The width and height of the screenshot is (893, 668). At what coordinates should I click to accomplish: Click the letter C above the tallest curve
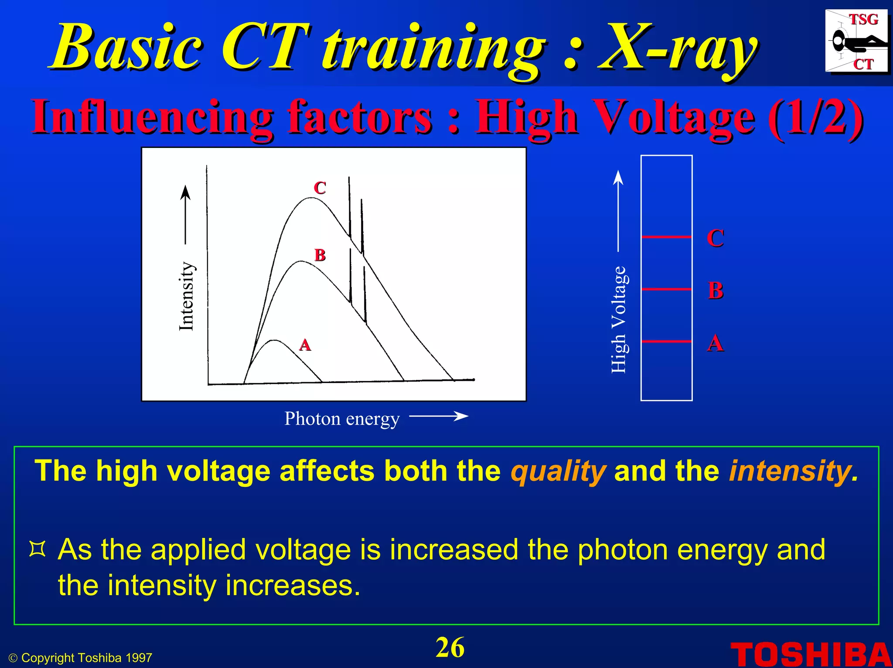click(320, 188)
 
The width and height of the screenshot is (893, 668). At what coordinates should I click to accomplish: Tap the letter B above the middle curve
click(320, 255)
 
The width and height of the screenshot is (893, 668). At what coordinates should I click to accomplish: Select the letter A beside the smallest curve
click(305, 345)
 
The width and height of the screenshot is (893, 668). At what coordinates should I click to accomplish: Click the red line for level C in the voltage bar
click(666, 237)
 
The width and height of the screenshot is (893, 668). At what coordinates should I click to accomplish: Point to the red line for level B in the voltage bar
click(666, 289)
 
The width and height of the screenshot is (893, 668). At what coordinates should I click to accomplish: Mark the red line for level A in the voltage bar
click(666, 341)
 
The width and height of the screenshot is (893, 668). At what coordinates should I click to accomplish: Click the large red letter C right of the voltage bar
click(716, 238)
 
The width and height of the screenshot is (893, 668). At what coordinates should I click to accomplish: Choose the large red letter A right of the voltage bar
click(716, 343)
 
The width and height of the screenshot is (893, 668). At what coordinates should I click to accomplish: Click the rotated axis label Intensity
click(186, 295)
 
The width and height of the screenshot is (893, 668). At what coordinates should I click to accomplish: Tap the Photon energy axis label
click(342, 419)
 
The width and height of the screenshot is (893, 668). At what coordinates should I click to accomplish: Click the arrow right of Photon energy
click(438, 416)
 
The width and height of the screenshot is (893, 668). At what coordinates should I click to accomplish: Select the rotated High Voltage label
click(618, 319)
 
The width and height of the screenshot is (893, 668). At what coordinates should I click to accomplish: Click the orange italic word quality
click(558, 472)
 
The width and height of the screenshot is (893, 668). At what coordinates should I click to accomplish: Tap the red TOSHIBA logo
click(810, 654)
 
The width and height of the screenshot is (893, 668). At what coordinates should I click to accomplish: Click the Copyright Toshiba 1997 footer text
click(81, 658)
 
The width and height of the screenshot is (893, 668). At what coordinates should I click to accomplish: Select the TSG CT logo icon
click(856, 41)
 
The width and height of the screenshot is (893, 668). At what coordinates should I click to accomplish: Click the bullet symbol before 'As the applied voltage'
click(37, 549)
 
